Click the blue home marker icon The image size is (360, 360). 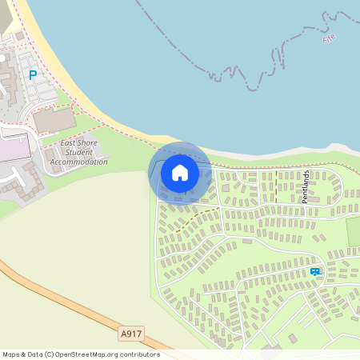[180, 173]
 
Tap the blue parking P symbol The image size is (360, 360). [33, 75]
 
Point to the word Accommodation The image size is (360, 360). [78, 162]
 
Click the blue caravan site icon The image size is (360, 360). [315, 272]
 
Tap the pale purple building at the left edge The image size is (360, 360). [12, 150]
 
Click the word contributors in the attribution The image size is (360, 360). [138, 354]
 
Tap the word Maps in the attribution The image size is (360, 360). [13, 354]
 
